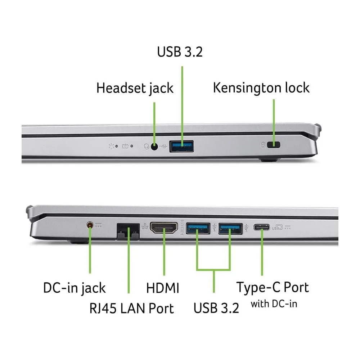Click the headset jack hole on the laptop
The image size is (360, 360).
click(154, 147)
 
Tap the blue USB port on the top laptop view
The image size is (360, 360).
click(181, 146)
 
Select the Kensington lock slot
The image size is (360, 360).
click(274, 145)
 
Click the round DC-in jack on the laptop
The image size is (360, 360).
click(90, 225)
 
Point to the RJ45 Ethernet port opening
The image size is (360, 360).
click(128, 231)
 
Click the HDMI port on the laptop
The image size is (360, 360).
click(164, 228)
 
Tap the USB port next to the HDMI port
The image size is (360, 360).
click(198, 229)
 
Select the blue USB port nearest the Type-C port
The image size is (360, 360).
click(230, 229)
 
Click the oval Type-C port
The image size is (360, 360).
click(261, 227)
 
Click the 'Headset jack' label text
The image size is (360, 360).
click(135, 88)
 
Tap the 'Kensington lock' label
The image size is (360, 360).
click(261, 88)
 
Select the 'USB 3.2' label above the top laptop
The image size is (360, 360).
click(180, 51)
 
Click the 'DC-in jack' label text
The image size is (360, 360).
click(75, 288)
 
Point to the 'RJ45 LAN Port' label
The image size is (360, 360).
click(131, 308)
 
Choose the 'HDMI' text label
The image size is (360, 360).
click(163, 288)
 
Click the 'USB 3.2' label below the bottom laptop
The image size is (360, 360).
click(216, 308)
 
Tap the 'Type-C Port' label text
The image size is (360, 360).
click(273, 287)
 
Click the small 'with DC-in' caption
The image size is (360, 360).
click(274, 304)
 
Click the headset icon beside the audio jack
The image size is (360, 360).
click(147, 147)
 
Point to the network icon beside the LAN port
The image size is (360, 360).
click(145, 226)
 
